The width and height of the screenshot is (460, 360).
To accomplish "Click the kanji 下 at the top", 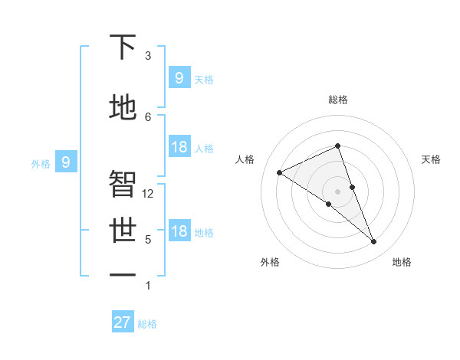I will (123, 49).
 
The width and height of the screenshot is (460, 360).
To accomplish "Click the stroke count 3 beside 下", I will (148, 56).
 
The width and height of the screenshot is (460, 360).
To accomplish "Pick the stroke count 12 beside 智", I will (148, 194).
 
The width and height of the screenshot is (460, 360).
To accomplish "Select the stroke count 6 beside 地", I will (148, 116).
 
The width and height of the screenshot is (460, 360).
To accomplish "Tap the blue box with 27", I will (123, 322).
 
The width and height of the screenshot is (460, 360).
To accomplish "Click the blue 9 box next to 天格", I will (179, 77).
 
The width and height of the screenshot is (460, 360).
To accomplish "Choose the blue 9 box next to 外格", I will (66, 162).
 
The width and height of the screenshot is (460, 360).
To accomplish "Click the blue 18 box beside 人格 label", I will (179, 147).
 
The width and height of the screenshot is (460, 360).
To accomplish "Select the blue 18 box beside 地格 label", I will (179, 232).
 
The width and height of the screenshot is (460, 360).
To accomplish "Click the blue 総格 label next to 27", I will (147, 324).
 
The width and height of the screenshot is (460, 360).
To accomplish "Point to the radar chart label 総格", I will (337, 100).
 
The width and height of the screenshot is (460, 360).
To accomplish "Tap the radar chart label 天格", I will (431, 159).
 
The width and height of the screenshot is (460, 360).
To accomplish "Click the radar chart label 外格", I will (269, 262).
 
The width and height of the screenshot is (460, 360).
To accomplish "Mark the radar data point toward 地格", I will (374, 242).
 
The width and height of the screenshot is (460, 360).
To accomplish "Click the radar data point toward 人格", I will (279, 172).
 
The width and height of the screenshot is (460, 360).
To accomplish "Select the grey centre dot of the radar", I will (337, 191).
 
